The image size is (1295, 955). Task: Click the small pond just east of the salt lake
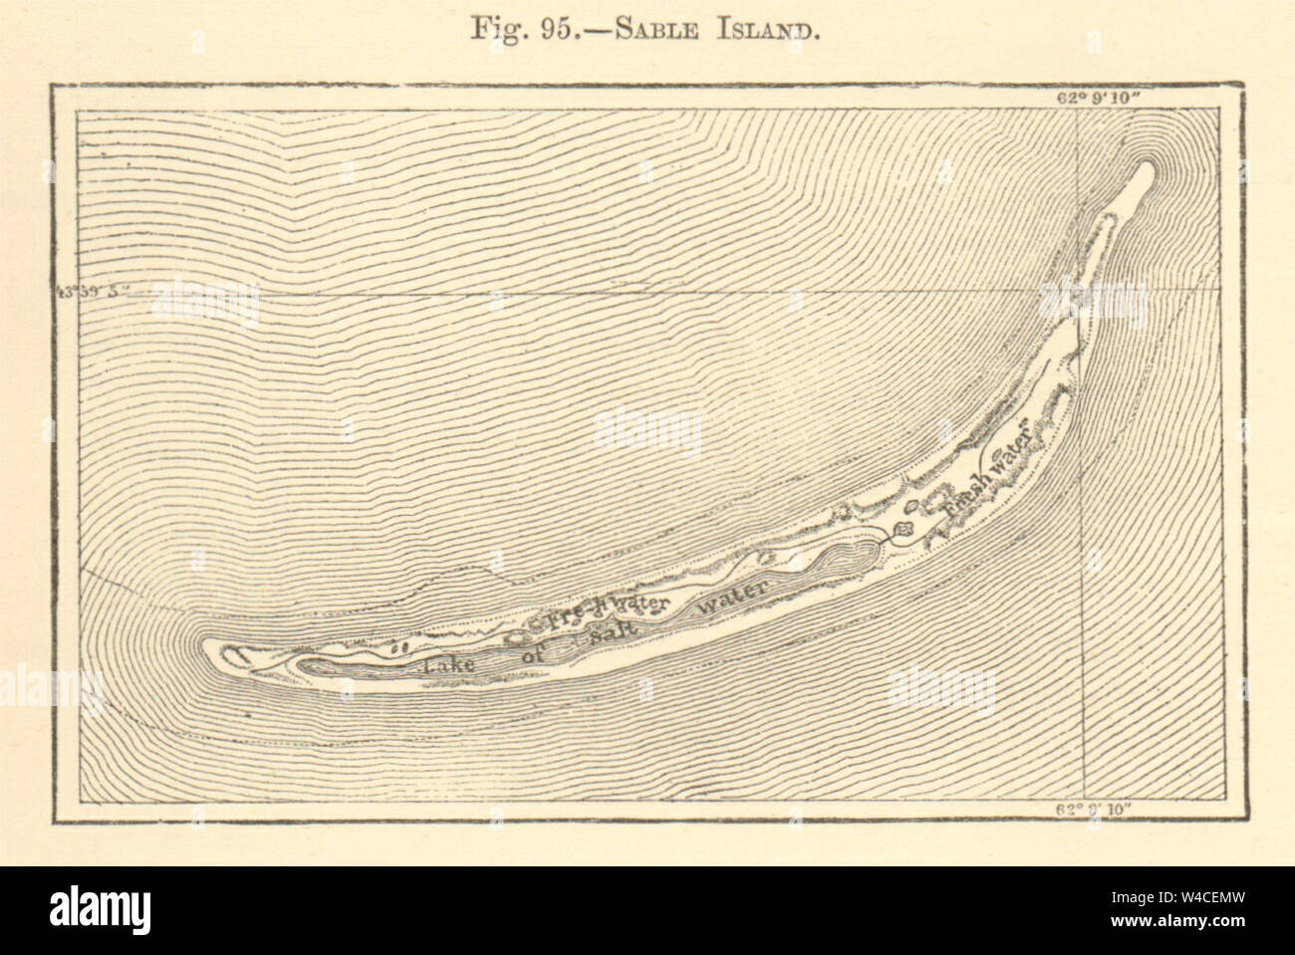(905, 529)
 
